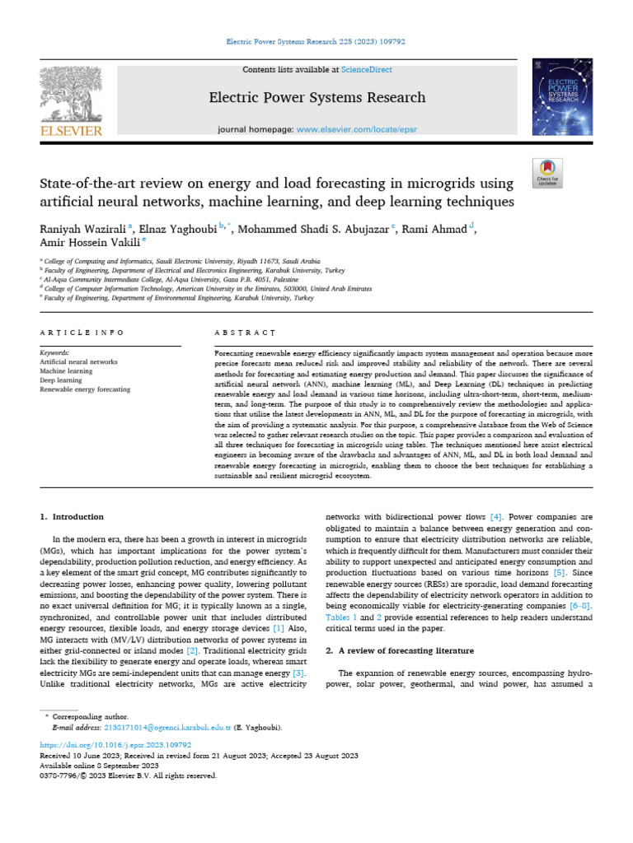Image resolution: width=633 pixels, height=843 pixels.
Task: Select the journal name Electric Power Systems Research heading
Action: [x=316, y=98]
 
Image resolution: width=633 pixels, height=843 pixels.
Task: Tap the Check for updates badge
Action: [x=547, y=171]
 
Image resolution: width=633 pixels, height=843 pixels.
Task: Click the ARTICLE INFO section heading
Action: [x=82, y=333]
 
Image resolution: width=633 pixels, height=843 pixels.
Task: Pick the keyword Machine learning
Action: [x=66, y=371]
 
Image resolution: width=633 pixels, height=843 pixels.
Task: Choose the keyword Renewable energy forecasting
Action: [x=85, y=389]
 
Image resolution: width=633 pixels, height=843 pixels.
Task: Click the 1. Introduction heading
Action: [x=73, y=517]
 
